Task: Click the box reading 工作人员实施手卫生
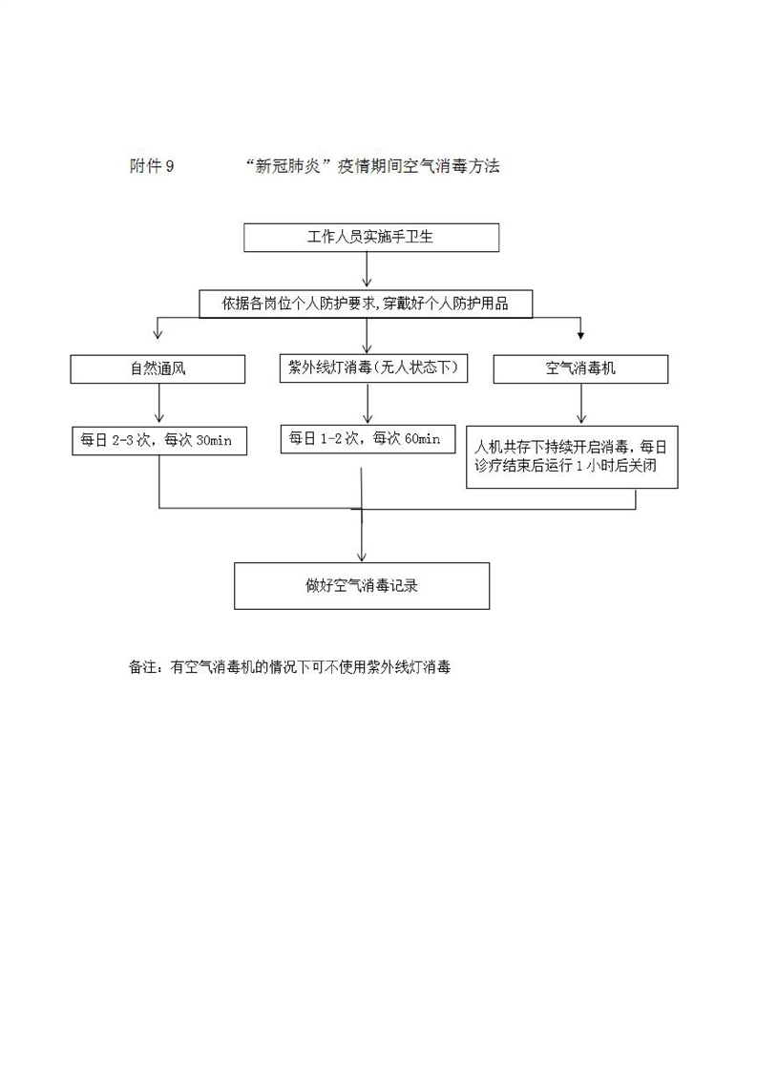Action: pyautogui.click(x=371, y=238)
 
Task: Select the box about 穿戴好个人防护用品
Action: pyautogui.click(x=366, y=304)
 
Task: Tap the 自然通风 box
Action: pyautogui.click(x=158, y=368)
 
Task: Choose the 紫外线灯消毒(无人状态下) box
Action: pyautogui.click(x=373, y=368)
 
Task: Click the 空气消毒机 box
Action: pyautogui.click(x=580, y=368)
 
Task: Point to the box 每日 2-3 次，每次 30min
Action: pyautogui.click(x=159, y=441)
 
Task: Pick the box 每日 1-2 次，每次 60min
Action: pyautogui.click(x=368, y=439)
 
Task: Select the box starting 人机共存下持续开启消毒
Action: pyautogui.click(x=572, y=457)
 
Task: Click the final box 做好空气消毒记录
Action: pyautogui.click(x=362, y=586)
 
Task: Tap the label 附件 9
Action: pyautogui.click(x=152, y=166)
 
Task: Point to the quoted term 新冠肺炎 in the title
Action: pyautogui.click(x=288, y=166)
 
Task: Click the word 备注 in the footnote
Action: pyautogui.click(x=143, y=667)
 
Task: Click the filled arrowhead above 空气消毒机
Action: pyautogui.click(x=581, y=335)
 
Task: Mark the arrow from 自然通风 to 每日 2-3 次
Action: pyautogui.click(x=159, y=403)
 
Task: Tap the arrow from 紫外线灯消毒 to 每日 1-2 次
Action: pyautogui.click(x=368, y=403)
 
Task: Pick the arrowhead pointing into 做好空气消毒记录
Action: pyautogui.click(x=362, y=556)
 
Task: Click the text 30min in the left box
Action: pyautogui.click(x=214, y=441)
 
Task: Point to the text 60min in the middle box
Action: pyautogui.click(x=422, y=439)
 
